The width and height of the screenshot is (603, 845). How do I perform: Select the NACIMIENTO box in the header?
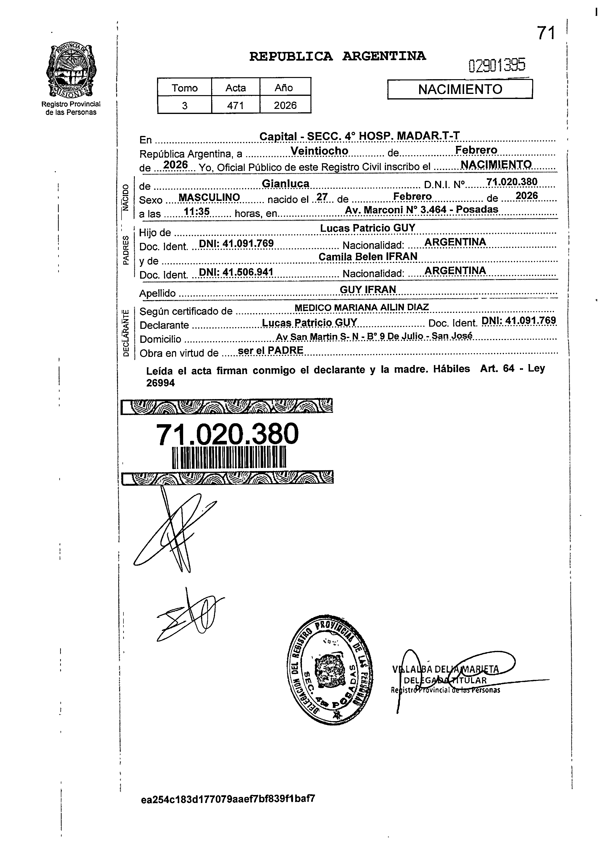click(460, 89)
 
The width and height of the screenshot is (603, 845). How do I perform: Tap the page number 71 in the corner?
click(546, 33)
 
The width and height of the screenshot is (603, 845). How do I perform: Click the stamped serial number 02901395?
click(497, 66)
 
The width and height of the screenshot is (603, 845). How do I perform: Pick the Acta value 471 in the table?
click(235, 106)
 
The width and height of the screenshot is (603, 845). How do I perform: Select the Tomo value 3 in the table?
click(185, 106)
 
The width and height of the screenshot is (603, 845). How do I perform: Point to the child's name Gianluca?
click(286, 183)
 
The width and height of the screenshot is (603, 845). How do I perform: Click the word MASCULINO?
click(209, 197)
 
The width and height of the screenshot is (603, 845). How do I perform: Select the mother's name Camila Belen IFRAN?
click(368, 256)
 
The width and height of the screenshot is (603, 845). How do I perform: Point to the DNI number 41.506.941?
click(236, 272)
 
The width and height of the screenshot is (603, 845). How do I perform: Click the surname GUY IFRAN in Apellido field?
click(368, 289)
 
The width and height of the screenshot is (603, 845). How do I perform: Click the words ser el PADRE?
click(270, 350)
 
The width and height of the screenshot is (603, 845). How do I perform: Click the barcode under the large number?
click(229, 458)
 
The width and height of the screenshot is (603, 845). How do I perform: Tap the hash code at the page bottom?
click(228, 798)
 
